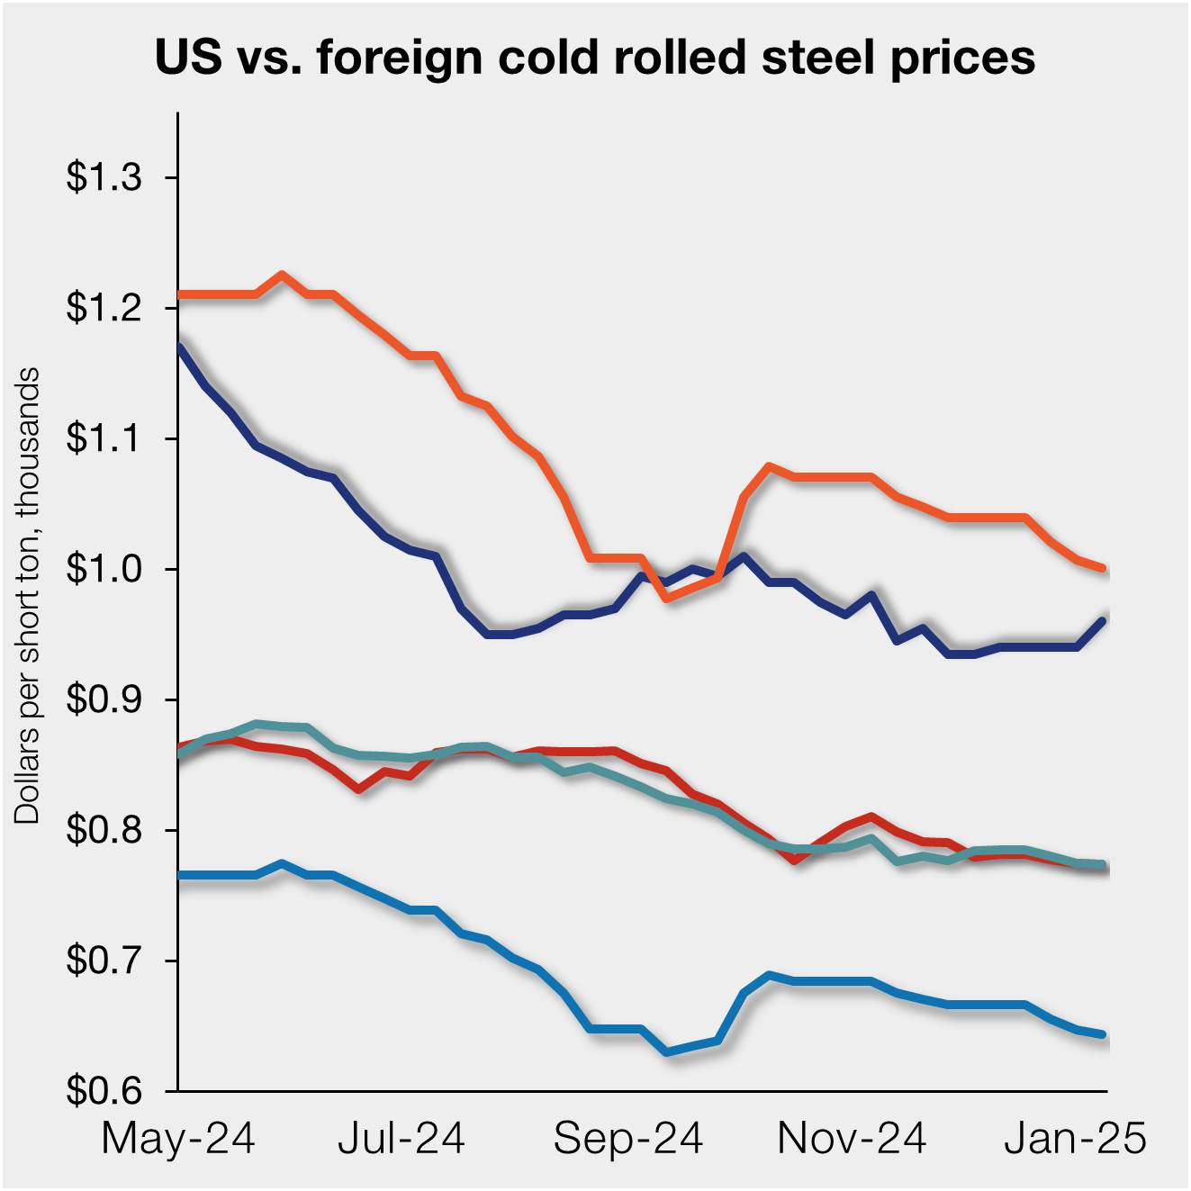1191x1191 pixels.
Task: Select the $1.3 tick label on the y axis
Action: click(104, 177)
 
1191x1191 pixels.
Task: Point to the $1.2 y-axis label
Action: click(104, 308)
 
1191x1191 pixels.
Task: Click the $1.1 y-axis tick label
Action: click(104, 438)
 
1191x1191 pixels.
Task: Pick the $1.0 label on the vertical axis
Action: click(104, 569)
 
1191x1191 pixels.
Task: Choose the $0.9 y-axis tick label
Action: click(104, 699)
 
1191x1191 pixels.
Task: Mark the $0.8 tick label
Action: click(104, 830)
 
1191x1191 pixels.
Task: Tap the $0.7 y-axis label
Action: click(104, 961)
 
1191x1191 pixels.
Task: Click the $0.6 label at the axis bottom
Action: click(104, 1091)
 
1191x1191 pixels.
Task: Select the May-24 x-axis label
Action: click(178, 1139)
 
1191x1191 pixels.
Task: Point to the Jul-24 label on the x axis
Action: click(402, 1139)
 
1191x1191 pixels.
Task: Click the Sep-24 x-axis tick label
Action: click(627, 1139)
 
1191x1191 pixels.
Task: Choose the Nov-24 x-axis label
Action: click(852, 1139)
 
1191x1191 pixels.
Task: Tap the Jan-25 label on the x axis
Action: click(1076, 1139)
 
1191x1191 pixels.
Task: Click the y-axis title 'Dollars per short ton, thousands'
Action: click(28, 595)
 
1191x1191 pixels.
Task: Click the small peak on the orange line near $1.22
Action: click(282, 275)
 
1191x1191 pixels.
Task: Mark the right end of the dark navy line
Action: click(1104, 619)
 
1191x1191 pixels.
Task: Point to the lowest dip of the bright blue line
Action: click(667, 1051)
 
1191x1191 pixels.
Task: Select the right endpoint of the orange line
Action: click(1104, 568)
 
